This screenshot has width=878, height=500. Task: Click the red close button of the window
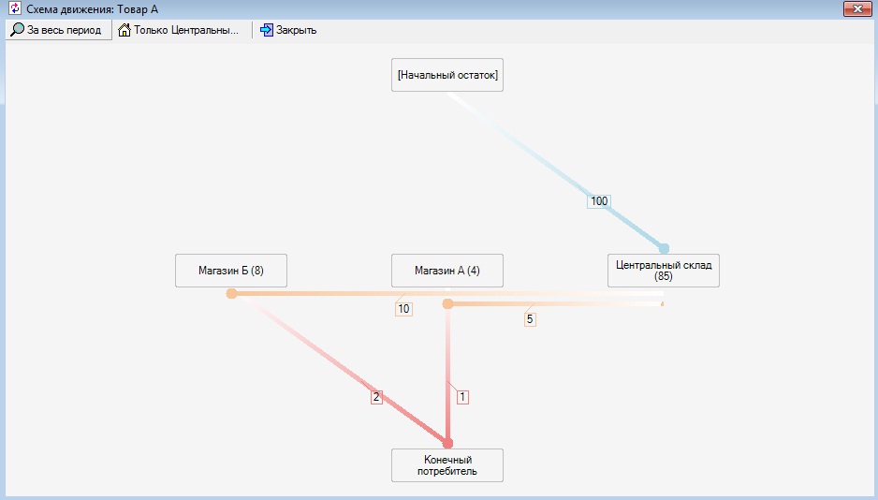857,9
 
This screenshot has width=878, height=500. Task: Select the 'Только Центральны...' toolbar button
179,30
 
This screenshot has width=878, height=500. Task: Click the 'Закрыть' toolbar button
288,30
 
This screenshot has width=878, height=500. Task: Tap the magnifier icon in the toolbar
18,30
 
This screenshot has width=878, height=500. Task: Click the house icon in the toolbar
124,30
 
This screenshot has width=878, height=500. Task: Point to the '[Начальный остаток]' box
447,75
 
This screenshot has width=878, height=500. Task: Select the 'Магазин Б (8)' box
231,271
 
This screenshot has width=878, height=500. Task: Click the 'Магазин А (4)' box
447,271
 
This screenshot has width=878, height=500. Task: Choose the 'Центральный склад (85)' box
664,271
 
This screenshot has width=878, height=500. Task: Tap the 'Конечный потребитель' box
447,465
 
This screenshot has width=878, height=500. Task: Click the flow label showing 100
599,201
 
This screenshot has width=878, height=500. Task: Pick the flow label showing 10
403,309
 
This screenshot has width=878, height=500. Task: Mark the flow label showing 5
530,319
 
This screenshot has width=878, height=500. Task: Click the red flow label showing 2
376,397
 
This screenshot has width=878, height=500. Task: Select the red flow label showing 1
462,397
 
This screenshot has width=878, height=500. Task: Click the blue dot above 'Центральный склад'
664,249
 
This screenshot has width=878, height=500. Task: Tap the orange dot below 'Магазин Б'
231,293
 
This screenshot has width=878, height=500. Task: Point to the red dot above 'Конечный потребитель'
447,444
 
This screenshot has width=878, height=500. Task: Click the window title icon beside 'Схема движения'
15,9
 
